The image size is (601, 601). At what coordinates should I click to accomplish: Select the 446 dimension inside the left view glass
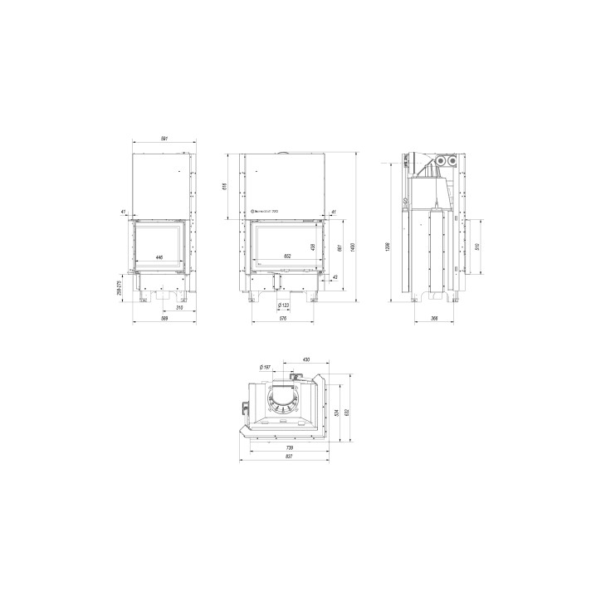pyautogui.click(x=159, y=257)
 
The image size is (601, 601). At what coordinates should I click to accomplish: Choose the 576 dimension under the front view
pyautogui.click(x=282, y=317)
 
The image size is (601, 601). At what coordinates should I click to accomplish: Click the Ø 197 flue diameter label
pyautogui.click(x=265, y=367)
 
